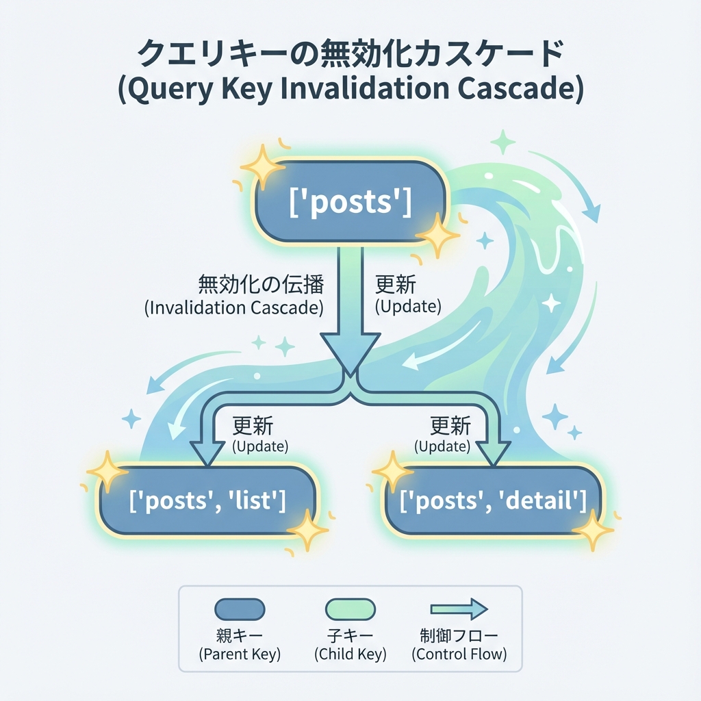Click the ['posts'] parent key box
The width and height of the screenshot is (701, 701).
click(350, 203)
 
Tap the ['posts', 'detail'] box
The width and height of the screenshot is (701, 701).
click(493, 501)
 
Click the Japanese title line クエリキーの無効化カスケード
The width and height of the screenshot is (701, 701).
click(350, 53)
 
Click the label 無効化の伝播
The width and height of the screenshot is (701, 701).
click(261, 283)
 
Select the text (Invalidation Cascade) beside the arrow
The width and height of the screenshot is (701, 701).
click(234, 307)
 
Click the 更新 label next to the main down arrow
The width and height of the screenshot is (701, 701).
click(396, 283)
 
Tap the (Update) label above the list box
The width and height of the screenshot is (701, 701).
click(260, 446)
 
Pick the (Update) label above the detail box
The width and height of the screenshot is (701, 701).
click(442, 446)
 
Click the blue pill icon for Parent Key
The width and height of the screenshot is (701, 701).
click(240, 609)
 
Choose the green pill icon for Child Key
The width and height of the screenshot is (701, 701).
click(350, 609)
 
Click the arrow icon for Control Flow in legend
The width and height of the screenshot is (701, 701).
click(458, 609)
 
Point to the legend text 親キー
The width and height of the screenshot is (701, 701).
click(240, 635)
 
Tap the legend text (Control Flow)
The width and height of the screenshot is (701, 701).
click(459, 654)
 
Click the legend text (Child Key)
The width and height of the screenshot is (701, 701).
click(350, 654)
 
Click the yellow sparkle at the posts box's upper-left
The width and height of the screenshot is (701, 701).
click(262, 166)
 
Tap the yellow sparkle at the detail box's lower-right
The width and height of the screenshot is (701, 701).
click(592, 530)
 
